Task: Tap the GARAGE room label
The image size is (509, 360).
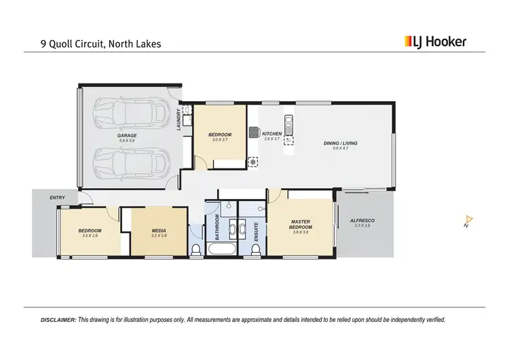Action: (x=127, y=136)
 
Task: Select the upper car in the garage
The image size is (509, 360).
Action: (x=131, y=113)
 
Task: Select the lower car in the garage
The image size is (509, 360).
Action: (x=131, y=162)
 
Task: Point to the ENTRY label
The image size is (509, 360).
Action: (x=58, y=198)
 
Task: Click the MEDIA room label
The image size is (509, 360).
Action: (x=158, y=231)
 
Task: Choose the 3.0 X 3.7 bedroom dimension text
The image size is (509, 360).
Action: (x=220, y=140)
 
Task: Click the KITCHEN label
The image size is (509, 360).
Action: (x=271, y=134)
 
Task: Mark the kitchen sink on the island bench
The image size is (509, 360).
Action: (x=288, y=124)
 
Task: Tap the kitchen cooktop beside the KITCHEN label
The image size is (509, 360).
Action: (x=254, y=132)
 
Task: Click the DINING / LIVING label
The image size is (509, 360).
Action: (x=341, y=143)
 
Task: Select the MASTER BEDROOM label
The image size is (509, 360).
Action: (x=301, y=224)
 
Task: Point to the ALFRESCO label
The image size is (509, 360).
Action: (x=362, y=221)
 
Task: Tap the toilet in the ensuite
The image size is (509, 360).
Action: (x=255, y=250)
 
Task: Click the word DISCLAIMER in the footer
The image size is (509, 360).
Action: (x=58, y=319)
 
